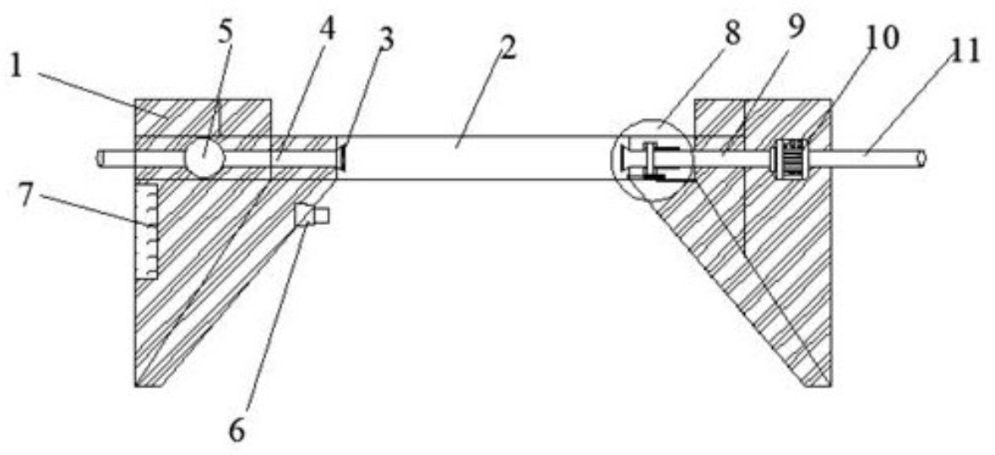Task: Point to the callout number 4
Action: pos(326,30)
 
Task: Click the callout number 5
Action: pos(225,32)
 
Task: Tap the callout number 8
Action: pos(731,34)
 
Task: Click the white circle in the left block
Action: pos(204,157)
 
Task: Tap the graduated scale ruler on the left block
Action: pos(146,231)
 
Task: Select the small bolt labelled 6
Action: pos(311,216)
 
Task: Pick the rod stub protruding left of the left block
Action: pos(115,157)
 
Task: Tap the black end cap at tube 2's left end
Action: pos(342,157)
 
